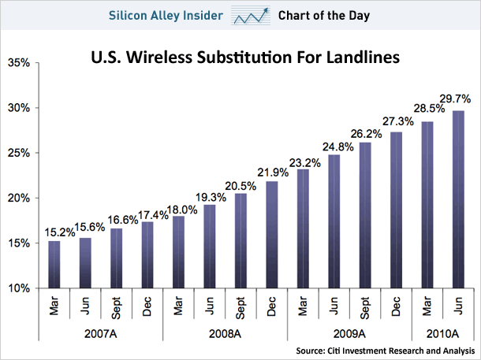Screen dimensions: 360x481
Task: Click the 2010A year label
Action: pyautogui.click(x=442, y=332)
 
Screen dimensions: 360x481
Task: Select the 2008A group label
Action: pyautogui.click(x=224, y=332)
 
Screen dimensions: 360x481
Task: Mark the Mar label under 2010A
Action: pyautogui.click(x=427, y=306)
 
